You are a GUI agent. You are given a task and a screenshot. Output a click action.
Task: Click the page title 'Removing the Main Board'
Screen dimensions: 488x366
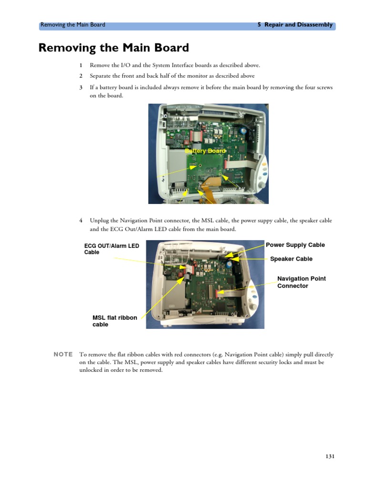tap(113, 48)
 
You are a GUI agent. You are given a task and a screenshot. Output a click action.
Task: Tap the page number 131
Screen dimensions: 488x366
tap(330, 456)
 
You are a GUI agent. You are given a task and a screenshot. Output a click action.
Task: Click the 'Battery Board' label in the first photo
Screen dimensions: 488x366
tap(205, 151)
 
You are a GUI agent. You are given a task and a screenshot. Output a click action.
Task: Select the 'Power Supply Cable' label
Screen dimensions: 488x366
tap(295, 245)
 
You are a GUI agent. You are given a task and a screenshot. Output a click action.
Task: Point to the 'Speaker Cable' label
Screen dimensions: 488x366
tap(291, 259)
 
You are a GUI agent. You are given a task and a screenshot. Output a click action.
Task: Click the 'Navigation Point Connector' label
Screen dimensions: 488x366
tap(301, 282)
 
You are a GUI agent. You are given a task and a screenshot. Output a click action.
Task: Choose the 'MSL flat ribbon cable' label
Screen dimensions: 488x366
tap(114, 321)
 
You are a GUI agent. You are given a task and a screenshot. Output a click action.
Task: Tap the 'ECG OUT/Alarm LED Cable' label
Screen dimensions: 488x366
tap(112, 249)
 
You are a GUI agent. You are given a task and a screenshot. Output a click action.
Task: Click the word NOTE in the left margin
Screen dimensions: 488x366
tap(63, 355)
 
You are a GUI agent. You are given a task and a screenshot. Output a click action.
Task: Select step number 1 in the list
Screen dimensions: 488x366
tap(81, 65)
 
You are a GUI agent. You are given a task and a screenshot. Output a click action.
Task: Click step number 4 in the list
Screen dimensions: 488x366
tap(81, 221)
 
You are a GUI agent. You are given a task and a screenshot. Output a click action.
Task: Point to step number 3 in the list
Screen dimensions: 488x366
tap(81, 88)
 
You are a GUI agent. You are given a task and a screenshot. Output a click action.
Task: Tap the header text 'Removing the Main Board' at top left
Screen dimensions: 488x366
tap(72, 25)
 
